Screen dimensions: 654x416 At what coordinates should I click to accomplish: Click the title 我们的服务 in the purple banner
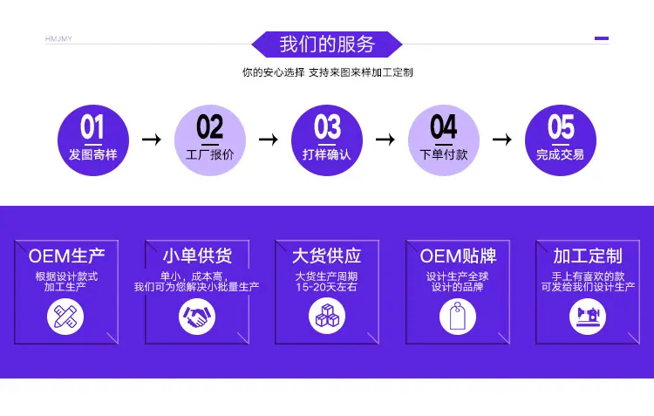327,44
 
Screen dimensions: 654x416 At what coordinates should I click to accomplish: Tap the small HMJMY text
58,38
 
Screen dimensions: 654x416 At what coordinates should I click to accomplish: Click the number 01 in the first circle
92,126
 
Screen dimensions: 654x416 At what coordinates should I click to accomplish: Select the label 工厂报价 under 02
210,154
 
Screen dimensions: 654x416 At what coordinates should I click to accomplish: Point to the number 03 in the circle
327,126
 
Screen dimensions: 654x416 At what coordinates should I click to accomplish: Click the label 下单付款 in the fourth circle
443,154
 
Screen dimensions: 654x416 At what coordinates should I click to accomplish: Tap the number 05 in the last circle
561,126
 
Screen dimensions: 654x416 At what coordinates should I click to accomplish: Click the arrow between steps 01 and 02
152,140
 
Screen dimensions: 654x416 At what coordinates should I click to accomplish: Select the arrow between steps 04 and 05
501,140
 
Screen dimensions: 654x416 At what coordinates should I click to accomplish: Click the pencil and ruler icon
65,317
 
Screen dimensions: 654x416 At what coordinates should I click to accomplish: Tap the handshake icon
197,317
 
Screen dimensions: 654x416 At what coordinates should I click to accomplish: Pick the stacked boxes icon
327,316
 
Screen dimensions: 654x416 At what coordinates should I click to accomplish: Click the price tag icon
458,317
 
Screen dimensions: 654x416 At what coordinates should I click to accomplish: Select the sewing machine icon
588,317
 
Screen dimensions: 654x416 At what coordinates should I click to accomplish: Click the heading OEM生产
67,256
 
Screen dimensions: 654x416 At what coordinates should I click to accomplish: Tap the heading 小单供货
197,256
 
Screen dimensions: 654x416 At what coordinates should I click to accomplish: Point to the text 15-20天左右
327,287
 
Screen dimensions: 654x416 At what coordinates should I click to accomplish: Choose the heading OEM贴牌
458,256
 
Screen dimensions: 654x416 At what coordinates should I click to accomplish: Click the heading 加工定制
588,256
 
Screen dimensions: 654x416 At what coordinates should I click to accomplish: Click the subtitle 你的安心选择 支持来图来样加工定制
327,72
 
